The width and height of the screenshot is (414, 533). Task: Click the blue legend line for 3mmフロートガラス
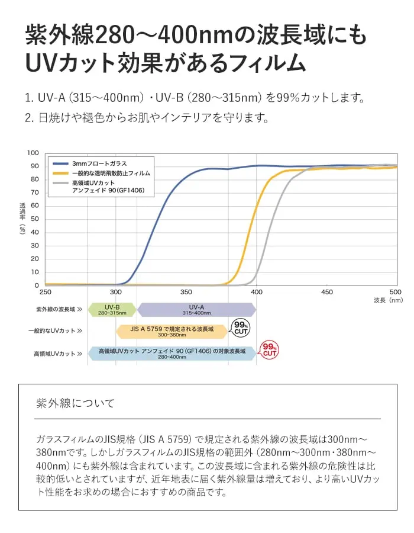pos(61,163)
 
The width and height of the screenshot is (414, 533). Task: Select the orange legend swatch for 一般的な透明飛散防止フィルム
pos(61,174)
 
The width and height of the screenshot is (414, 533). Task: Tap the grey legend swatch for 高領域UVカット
pos(61,183)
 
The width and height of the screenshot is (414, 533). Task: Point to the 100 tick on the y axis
pos(33,153)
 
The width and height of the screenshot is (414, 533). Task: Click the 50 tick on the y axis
pos(35,219)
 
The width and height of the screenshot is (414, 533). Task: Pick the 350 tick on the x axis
pos(186,292)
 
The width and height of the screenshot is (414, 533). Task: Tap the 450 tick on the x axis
pos(327,292)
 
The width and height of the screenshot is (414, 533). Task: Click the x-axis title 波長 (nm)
pos(388,300)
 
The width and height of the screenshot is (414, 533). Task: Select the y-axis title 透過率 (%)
pos(22,218)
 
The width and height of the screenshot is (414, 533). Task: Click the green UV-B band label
pos(112,310)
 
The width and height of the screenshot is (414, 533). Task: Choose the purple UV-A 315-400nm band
pos(197,310)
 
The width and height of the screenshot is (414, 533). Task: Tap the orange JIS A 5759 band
pos(172,332)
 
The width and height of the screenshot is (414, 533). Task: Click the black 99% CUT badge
pos(241,328)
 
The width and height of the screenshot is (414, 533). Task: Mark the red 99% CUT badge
pos(270,350)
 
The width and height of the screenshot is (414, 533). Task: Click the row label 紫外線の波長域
pos(59,309)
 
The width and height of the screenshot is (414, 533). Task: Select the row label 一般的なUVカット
pos(55,330)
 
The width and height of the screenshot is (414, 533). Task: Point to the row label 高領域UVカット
pos(58,354)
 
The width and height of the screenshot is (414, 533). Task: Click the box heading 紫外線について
pos(75,403)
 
